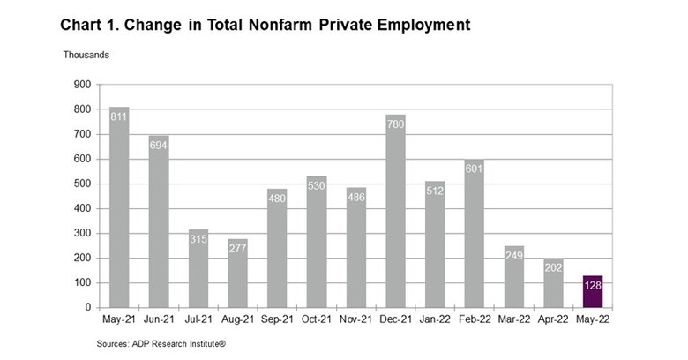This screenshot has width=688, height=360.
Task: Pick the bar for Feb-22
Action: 475,234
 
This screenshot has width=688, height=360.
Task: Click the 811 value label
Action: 119,116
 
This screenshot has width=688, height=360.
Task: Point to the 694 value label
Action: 159,144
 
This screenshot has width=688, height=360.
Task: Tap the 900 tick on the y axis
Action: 82,85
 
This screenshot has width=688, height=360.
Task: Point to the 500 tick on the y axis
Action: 82,184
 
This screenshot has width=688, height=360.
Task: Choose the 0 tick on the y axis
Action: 88,307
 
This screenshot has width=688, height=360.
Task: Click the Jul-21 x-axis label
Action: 198,319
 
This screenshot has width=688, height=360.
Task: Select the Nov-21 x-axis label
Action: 355,319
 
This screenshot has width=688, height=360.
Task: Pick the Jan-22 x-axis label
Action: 435,319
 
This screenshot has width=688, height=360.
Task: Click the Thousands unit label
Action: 86,55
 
